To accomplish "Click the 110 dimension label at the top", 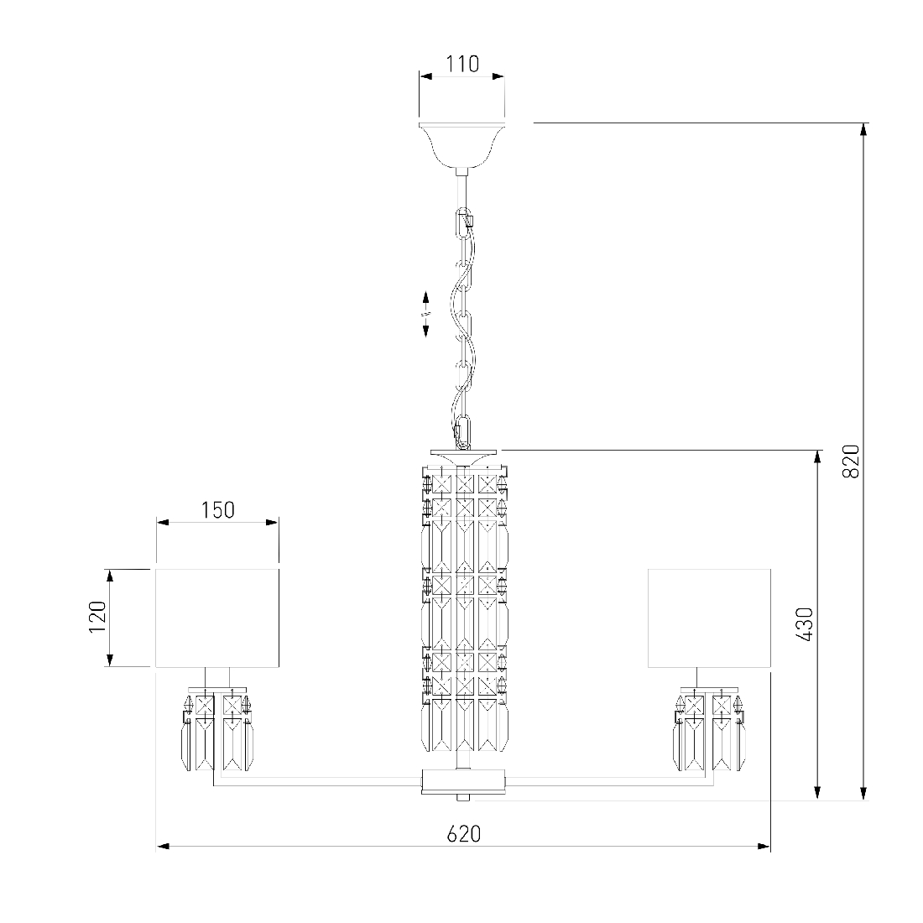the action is click(462, 64).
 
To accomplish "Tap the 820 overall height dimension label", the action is click(851, 461).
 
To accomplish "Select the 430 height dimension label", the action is click(804, 624).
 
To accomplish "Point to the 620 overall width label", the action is click(464, 833).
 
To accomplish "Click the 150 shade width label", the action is click(218, 510).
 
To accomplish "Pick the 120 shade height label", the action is click(97, 617).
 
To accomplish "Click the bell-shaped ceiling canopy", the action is click(462, 145).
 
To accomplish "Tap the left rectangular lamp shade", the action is click(217, 618).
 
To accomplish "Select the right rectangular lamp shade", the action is click(709, 618).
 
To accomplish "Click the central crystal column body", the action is click(465, 608).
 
